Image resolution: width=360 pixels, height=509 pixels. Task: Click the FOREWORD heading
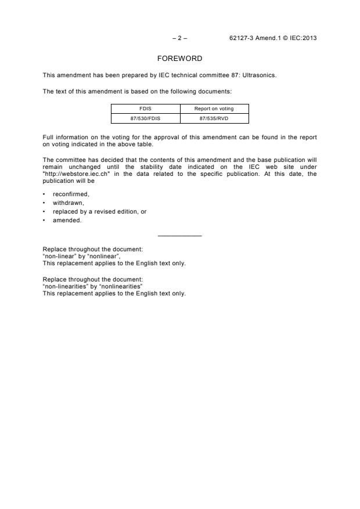pyautogui.click(x=180, y=59)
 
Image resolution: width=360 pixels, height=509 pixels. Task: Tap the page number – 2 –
pyautogui.click(x=180, y=38)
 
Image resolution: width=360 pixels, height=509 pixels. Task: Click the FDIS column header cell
pyautogui.click(x=145, y=109)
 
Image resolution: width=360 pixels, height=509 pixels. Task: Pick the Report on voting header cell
pyautogui.click(x=214, y=109)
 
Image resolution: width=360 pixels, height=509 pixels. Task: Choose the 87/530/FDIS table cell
pyautogui.click(x=145, y=118)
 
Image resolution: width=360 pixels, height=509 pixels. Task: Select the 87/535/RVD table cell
pyautogui.click(x=214, y=118)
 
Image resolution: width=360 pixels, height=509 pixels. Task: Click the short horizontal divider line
pyautogui.click(x=180, y=235)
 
